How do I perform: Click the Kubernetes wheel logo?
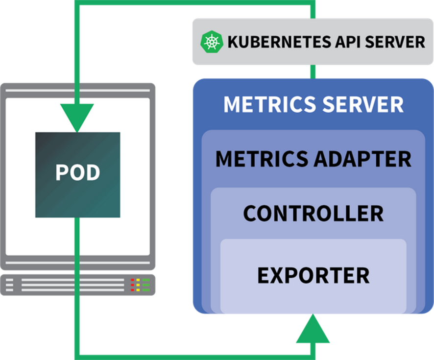[212, 42]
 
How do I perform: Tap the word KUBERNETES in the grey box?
[279, 42]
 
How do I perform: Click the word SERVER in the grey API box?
[395, 42]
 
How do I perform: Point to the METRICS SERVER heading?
[313, 104]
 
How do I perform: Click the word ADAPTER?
[362, 159]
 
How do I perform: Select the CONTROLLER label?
[313, 214]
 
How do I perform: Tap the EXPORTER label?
[313, 275]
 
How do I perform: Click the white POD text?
[78, 172]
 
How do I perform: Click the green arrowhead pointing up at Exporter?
[313, 329]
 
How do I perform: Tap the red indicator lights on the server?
[132, 285]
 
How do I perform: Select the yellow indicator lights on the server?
[138, 285]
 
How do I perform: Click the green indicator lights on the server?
[146, 285]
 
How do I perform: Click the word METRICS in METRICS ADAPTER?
[262, 159]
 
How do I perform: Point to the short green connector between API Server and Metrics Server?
[313, 72]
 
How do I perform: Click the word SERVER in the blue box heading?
[363, 104]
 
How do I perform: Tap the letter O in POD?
[78, 172]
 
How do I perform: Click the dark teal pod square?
[78, 175]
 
